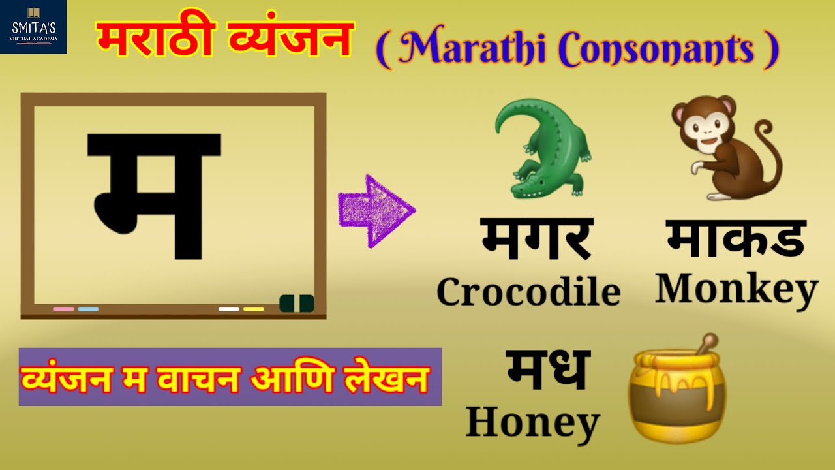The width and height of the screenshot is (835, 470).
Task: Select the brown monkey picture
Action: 724,149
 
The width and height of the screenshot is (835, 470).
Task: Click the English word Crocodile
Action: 528,292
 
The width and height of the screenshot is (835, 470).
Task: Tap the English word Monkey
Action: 736,289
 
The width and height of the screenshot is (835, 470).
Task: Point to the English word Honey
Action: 532,422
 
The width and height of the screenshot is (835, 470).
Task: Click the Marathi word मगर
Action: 536,239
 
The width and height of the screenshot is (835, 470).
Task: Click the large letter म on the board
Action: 155,195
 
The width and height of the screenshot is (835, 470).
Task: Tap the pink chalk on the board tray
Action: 63,309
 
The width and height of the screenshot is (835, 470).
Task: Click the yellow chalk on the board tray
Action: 253,309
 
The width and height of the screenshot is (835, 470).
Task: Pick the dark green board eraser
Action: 297,304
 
